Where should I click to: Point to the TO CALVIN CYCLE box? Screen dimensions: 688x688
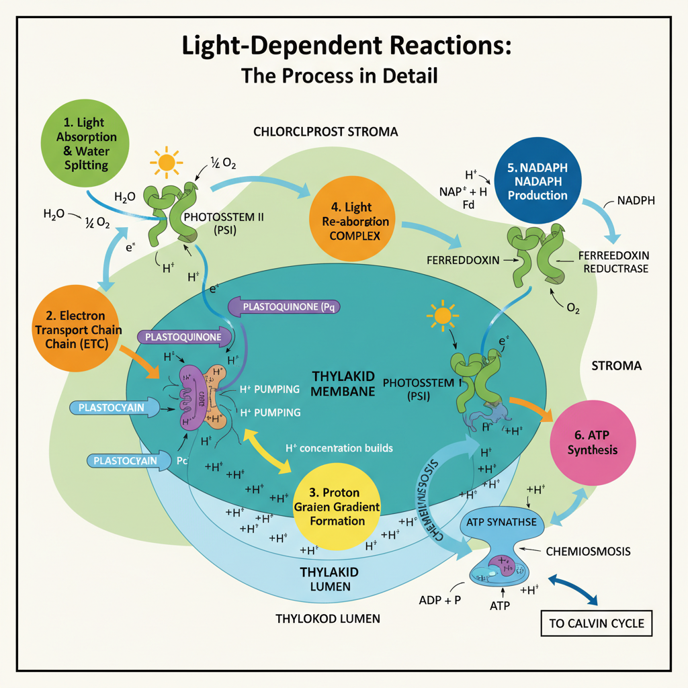(x=596, y=623)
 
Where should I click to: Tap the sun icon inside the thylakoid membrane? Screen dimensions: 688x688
(x=443, y=315)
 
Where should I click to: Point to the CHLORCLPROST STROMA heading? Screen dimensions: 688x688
(x=326, y=132)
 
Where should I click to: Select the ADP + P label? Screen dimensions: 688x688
(x=439, y=600)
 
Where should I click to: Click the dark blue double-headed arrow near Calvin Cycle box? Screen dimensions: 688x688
(x=574, y=591)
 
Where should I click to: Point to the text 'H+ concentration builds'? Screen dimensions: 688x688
(x=339, y=447)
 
